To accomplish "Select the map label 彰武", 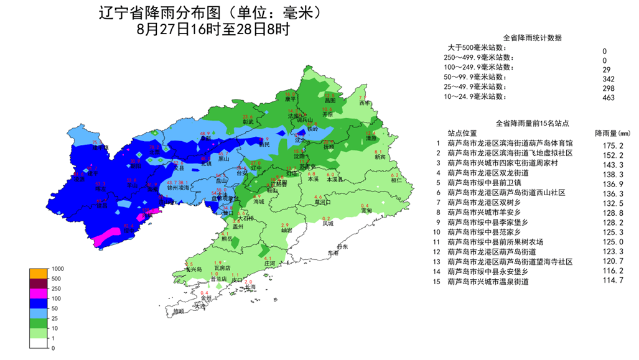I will point(248,122).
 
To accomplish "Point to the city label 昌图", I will point(330,100).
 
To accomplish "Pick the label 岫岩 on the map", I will point(286,231).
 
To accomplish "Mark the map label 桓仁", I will point(395,181).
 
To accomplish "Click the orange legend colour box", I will point(38,274).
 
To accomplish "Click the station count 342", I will point(609,79).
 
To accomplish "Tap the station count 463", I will point(609,97).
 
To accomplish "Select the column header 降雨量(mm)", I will point(612,133).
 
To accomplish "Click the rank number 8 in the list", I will point(438,212).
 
